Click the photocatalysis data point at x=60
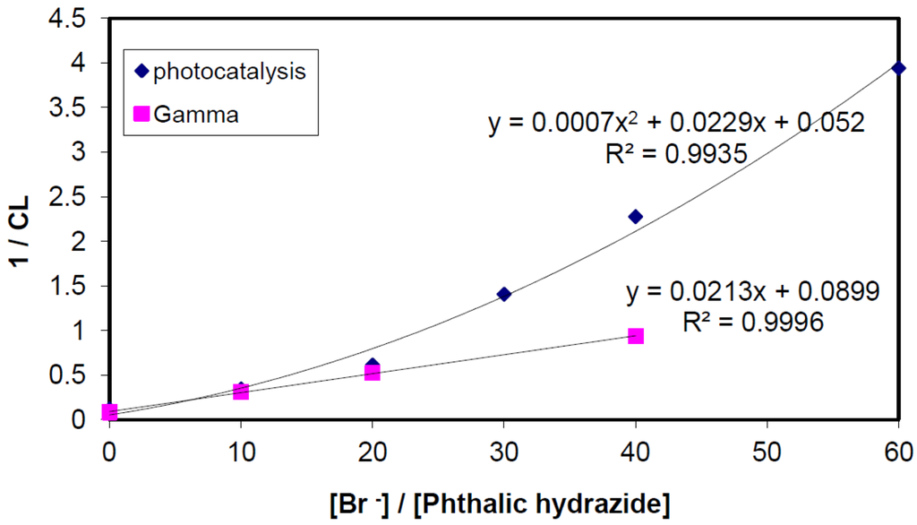tap(898, 68)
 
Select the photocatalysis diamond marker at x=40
tap(636, 216)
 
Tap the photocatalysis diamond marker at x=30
tap(504, 294)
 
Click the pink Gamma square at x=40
tap(636, 336)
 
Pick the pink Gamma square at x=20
tap(373, 373)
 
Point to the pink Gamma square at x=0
tap(110, 412)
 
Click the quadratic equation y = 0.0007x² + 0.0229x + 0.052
tap(676, 123)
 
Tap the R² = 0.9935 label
tap(676, 154)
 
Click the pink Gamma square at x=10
tap(241, 392)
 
